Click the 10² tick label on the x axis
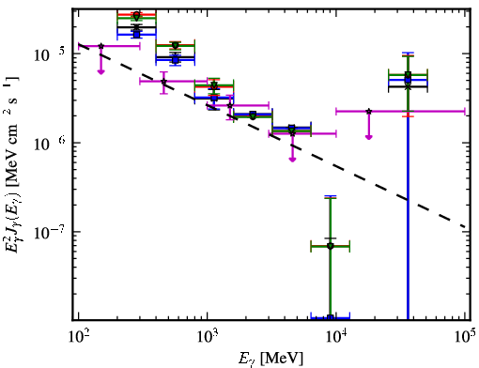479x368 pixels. tap(78, 336)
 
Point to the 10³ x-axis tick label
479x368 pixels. tap(207, 336)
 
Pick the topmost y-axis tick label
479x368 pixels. tap(50, 55)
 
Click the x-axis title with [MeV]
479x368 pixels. tap(270, 359)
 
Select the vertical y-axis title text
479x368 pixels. tap(13, 163)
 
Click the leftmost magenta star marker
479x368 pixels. tap(101, 46)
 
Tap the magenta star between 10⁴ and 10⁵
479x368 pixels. tap(369, 112)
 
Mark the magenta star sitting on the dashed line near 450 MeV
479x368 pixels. tap(163, 82)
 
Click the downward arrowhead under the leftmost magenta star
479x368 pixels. tap(100, 71)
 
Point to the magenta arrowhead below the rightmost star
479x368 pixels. tap(369, 137)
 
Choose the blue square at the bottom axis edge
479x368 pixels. tap(330, 317)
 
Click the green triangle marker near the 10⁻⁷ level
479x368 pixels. tap(331, 246)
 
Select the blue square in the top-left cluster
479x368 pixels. tap(136, 34)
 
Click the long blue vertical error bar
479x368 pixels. tap(408, 186)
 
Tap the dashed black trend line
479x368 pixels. tap(271, 135)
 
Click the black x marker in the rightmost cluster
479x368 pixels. tap(408, 87)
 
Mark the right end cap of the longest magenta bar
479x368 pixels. tap(465, 112)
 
